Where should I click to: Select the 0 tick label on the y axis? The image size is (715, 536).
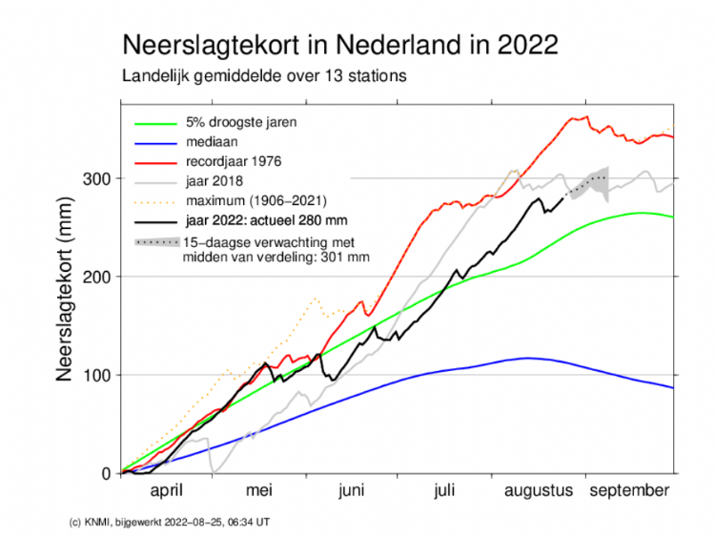pyautogui.click(x=106, y=473)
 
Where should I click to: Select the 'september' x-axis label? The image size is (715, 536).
pyautogui.click(x=627, y=491)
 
